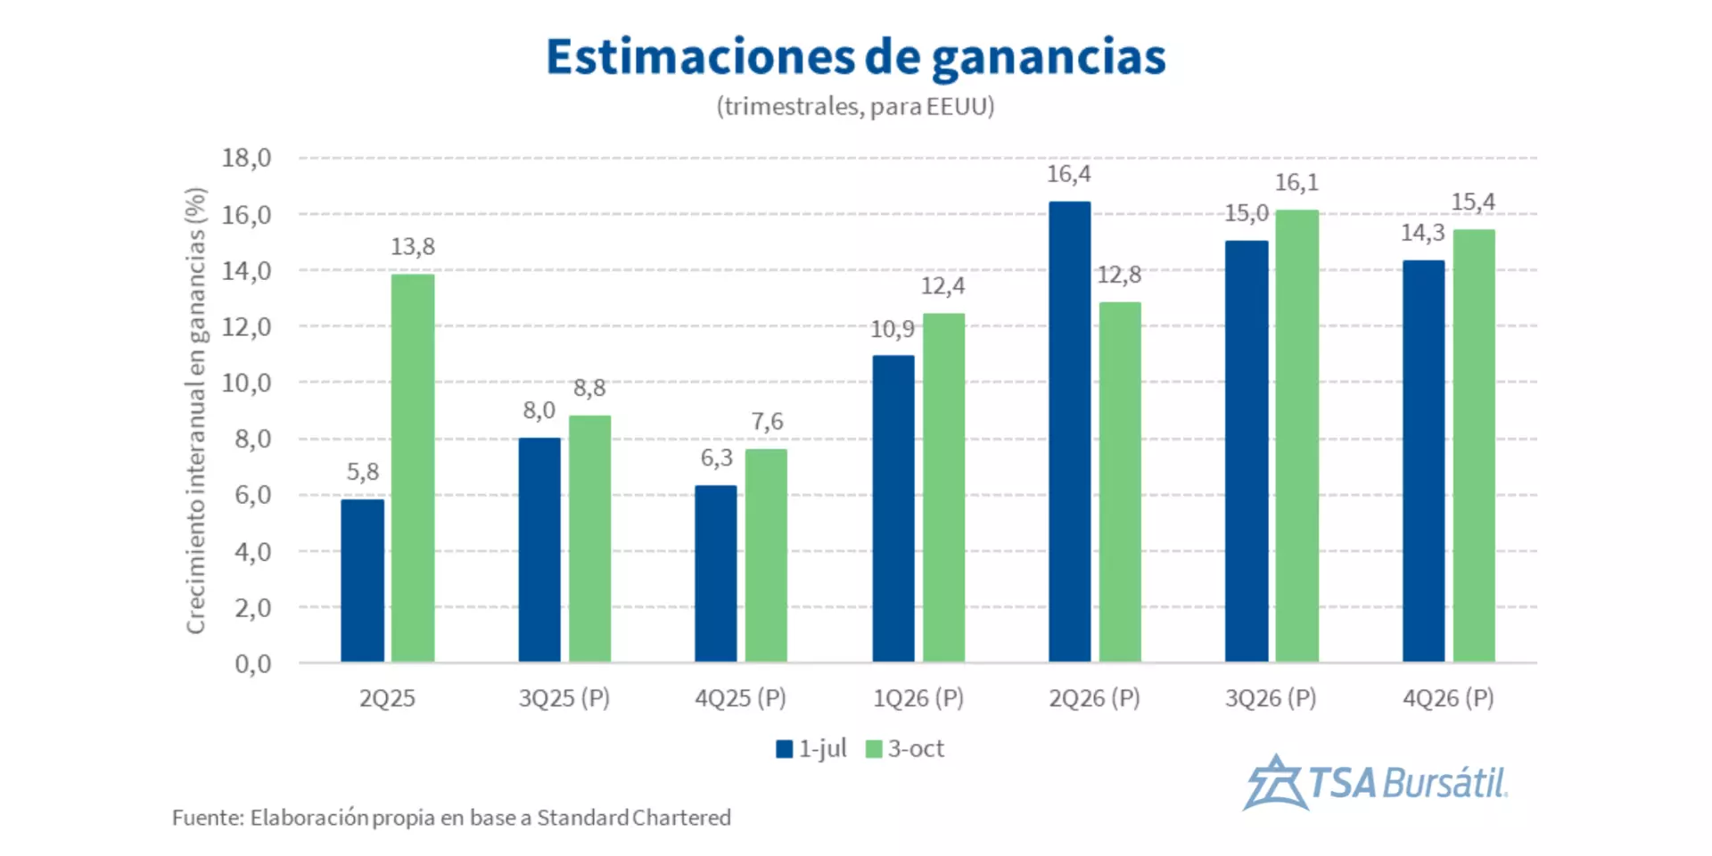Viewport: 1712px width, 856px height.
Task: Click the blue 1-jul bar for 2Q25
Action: click(362, 580)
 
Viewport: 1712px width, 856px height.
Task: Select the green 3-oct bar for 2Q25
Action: click(413, 468)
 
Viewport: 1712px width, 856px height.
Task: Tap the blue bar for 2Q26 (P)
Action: click(1069, 432)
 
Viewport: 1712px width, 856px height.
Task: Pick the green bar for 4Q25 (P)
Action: click(766, 556)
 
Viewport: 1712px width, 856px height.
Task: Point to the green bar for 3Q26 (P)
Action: click(1296, 436)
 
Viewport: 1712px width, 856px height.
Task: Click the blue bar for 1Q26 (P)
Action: click(893, 508)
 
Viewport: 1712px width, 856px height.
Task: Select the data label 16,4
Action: click(1068, 174)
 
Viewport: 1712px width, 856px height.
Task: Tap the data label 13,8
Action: click(413, 247)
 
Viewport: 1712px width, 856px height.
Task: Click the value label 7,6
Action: click(767, 421)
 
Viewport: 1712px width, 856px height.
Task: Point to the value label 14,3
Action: click(1422, 234)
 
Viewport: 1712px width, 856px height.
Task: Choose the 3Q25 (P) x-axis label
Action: click(564, 698)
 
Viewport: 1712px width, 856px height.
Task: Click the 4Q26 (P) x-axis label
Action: click(1448, 698)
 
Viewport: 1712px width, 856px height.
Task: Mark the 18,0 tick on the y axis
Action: click(246, 158)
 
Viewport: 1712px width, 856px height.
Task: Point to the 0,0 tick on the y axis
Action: click(252, 663)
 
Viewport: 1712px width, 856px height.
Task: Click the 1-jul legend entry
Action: click(811, 749)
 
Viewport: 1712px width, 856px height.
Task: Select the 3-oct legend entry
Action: click(905, 749)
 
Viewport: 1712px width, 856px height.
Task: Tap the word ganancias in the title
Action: click(1049, 57)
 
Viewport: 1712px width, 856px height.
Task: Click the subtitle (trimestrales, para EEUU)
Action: click(855, 106)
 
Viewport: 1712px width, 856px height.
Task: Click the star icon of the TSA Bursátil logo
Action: click(1275, 784)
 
